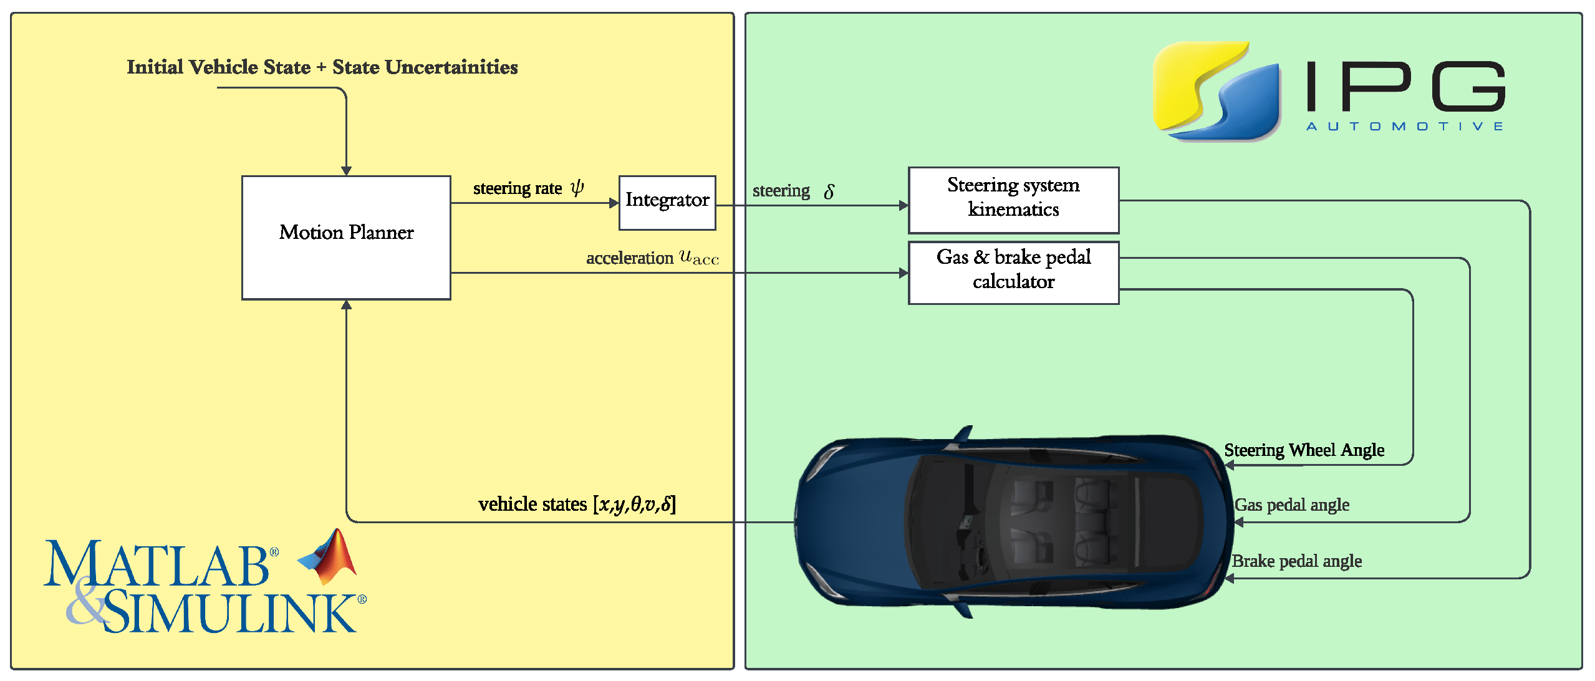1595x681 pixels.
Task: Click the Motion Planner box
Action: pos(346,237)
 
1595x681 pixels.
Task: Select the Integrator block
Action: pos(667,202)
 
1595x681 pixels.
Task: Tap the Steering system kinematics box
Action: pos(1013,200)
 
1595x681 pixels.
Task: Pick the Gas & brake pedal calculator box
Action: pos(1013,272)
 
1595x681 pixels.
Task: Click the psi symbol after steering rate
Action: pos(577,187)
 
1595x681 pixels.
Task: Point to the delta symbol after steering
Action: pos(829,191)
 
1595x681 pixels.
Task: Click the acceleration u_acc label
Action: pos(652,258)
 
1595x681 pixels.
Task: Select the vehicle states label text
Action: pos(576,503)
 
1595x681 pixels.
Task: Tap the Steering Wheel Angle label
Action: pos(1303,450)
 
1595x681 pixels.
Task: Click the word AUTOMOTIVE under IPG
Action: pos(1404,127)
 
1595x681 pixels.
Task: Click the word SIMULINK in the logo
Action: pos(231,612)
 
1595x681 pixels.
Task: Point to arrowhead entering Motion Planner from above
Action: pos(346,170)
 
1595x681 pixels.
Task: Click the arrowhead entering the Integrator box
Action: pos(614,203)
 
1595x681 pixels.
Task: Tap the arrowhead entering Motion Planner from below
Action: pos(346,305)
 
